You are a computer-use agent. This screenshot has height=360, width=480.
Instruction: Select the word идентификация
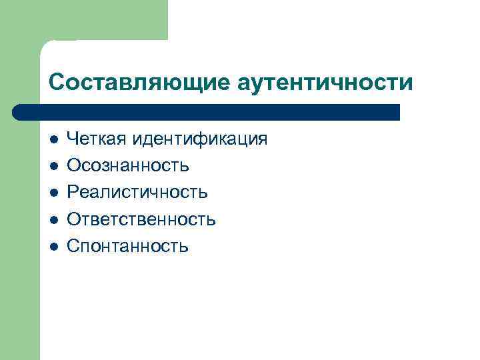pyautogui.click(x=199, y=139)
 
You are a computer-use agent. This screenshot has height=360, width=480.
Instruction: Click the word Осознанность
pyautogui.click(x=128, y=165)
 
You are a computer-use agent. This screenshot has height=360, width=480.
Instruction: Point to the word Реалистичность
pyautogui.click(x=138, y=193)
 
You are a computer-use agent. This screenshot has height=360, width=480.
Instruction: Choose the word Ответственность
pyautogui.click(x=142, y=219)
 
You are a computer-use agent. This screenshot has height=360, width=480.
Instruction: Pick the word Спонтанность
pyautogui.click(x=128, y=247)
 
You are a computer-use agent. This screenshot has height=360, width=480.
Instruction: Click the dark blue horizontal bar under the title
pyautogui.click(x=213, y=112)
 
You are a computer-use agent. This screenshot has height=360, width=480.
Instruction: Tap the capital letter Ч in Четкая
pyautogui.click(x=73, y=139)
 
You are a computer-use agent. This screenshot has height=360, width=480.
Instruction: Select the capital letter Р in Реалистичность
pyautogui.click(x=73, y=193)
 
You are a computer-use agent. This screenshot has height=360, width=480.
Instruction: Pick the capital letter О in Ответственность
pyautogui.click(x=74, y=219)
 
